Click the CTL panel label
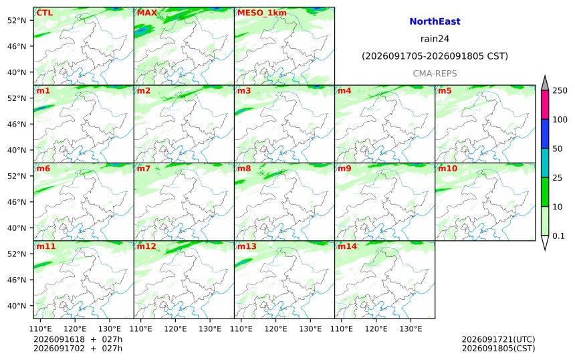[x=44, y=13]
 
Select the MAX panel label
[x=147, y=13]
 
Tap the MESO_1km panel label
[x=262, y=13]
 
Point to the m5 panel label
[x=445, y=90]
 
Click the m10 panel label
[x=448, y=169]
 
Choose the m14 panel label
[x=347, y=246]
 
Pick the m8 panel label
[x=244, y=169]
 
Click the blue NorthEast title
[x=435, y=21]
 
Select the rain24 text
[x=435, y=39]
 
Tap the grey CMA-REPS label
[x=435, y=74]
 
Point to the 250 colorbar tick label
[x=560, y=90]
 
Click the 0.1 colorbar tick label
[x=558, y=236]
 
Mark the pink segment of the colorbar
[x=545, y=104]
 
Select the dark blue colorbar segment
[x=545, y=134]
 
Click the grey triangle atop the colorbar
[x=545, y=83]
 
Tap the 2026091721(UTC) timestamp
[x=498, y=339]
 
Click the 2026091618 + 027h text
[x=78, y=339]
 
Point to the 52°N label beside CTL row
[x=17, y=20]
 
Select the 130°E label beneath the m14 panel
[x=411, y=329]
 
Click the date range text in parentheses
[x=435, y=56]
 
